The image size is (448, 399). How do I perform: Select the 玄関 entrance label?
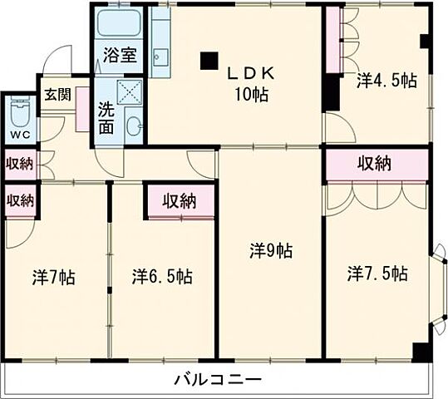[57, 93]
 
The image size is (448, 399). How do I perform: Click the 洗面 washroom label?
[107, 117]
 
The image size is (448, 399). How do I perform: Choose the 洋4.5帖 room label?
[386, 81]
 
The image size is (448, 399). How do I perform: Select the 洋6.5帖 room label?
[162, 276]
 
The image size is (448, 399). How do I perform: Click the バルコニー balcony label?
[218, 380]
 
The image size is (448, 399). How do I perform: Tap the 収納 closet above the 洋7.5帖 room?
[375, 165]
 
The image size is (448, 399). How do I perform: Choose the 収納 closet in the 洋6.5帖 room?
[180, 199]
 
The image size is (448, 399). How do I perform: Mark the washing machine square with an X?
[131, 91]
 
